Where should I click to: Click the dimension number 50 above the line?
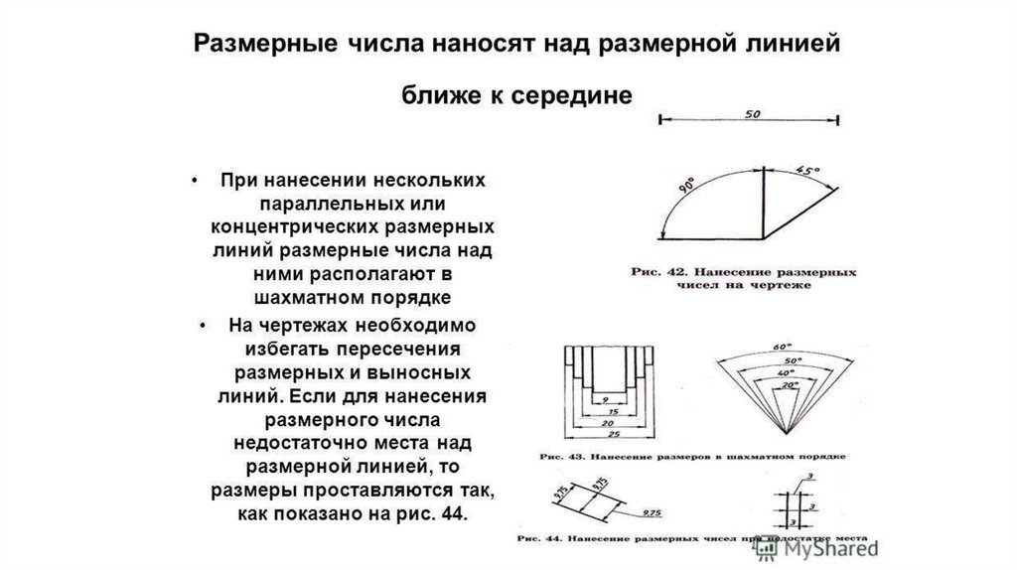click(751, 113)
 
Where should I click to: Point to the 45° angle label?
click(809, 171)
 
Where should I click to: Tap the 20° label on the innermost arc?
click(789, 382)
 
